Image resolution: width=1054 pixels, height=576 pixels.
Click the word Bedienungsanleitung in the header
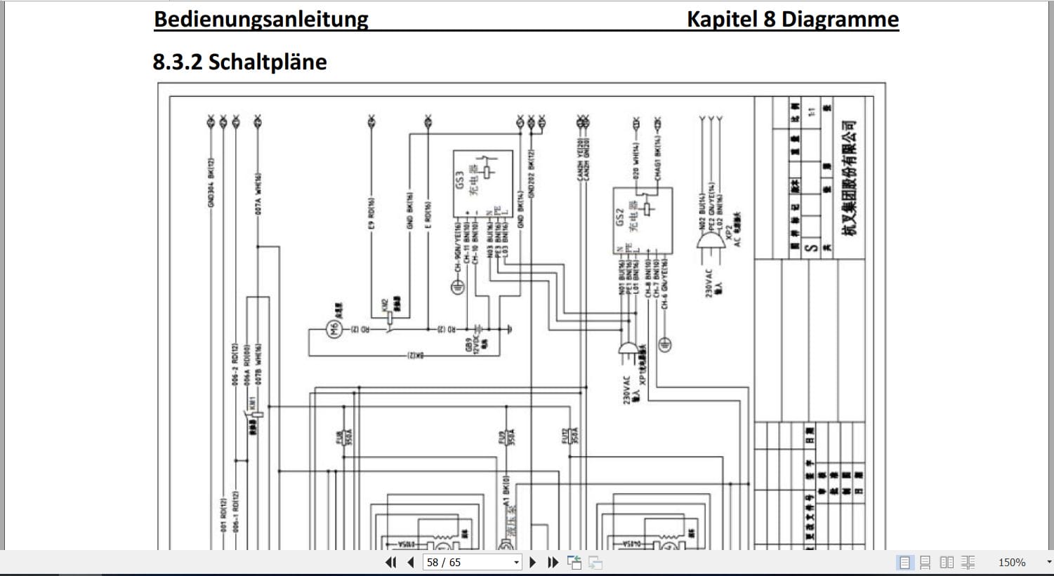tap(261, 19)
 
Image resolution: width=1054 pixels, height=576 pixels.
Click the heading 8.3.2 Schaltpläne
tap(239, 62)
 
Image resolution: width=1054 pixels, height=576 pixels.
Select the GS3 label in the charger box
tap(460, 180)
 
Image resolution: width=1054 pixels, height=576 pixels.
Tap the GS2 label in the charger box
tap(619, 217)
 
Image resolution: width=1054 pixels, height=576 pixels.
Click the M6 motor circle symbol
tap(335, 328)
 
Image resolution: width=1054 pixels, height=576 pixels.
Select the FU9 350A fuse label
tap(506, 438)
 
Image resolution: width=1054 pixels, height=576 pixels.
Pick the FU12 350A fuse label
tap(569, 436)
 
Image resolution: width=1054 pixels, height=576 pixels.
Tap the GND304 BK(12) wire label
tap(211, 182)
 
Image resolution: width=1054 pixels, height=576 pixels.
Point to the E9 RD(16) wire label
tap(371, 213)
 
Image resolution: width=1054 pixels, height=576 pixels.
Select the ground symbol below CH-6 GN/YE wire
tap(664, 344)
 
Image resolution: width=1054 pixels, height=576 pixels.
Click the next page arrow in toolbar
tap(532, 562)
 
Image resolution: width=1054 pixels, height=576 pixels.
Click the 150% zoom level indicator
tap(1011, 562)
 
